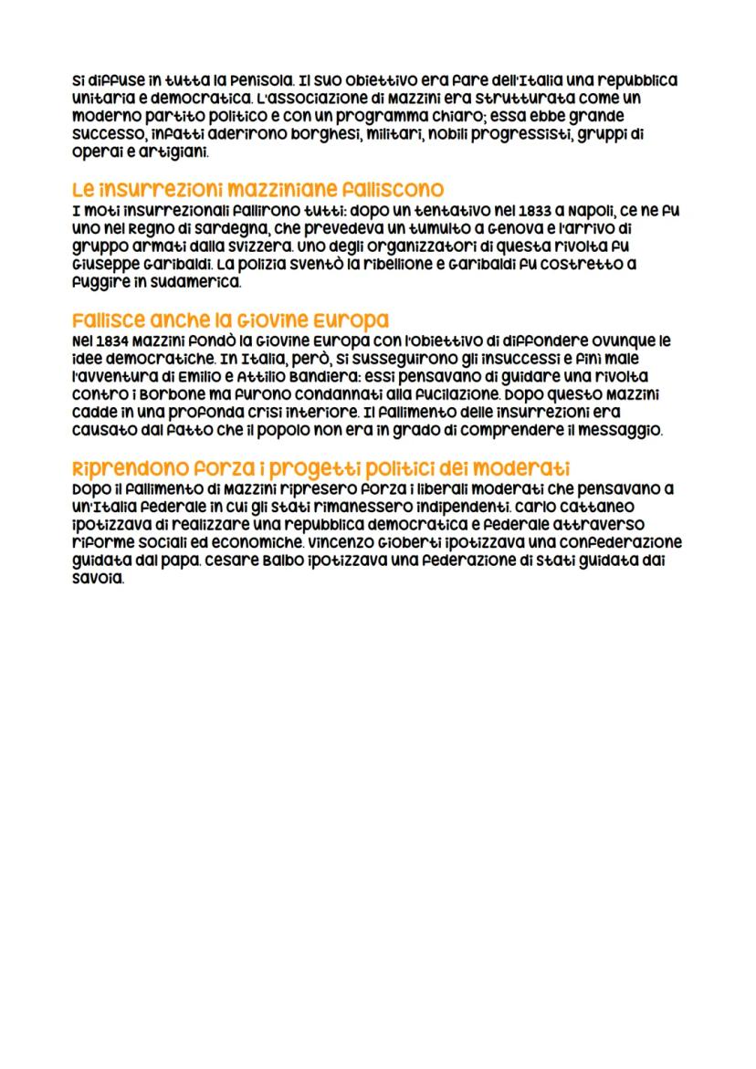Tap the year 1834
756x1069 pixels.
pos(108,341)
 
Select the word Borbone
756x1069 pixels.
pos(170,395)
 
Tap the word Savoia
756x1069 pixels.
pos(96,579)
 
